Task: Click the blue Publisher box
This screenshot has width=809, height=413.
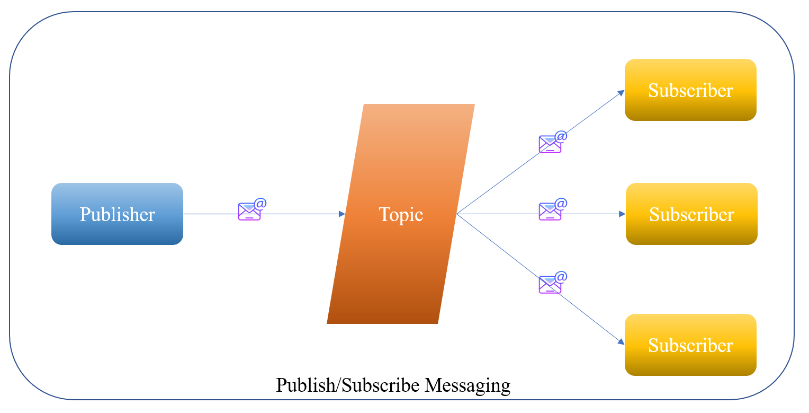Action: click(117, 214)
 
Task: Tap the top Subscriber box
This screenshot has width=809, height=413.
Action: click(690, 90)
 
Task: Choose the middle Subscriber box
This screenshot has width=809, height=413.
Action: click(691, 214)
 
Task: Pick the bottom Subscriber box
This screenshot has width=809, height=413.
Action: click(690, 345)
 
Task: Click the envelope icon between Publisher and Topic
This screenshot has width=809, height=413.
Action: click(250, 211)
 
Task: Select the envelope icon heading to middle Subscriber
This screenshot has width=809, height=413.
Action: click(551, 211)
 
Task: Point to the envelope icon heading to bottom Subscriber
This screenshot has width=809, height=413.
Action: click(551, 284)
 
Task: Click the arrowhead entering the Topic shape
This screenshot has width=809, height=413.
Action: click(342, 214)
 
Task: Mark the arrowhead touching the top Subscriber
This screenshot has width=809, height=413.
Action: click(622, 92)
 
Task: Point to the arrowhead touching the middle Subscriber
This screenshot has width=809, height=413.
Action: click(622, 214)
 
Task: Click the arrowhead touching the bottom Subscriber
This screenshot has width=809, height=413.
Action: click(621, 342)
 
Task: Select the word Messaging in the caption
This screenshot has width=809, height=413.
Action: click(468, 385)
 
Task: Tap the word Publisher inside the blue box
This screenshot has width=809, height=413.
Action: click(117, 214)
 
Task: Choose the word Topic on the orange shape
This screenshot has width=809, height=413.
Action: click(401, 214)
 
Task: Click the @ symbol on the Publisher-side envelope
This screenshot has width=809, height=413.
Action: click(260, 204)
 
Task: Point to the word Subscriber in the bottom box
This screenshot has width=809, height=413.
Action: click(690, 345)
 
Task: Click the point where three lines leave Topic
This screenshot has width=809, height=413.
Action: click(456, 214)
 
